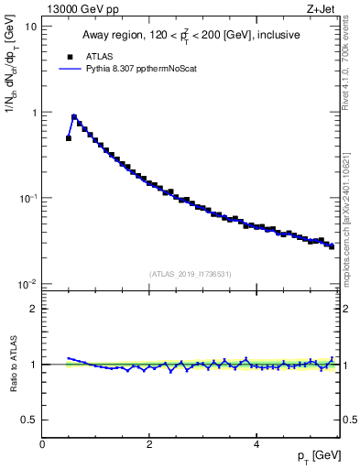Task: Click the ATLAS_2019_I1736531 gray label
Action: coord(191,274)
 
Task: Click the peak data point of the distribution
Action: coord(74,117)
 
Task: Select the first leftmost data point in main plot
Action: coord(69,138)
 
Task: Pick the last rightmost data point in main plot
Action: coord(332,246)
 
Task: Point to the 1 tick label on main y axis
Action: coord(34,113)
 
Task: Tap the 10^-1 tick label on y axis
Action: coord(28,198)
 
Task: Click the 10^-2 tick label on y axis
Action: coord(28,284)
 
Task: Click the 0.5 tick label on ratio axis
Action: coord(29,420)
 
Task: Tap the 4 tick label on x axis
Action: coord(256,445)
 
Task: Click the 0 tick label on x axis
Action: coord(42,445)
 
